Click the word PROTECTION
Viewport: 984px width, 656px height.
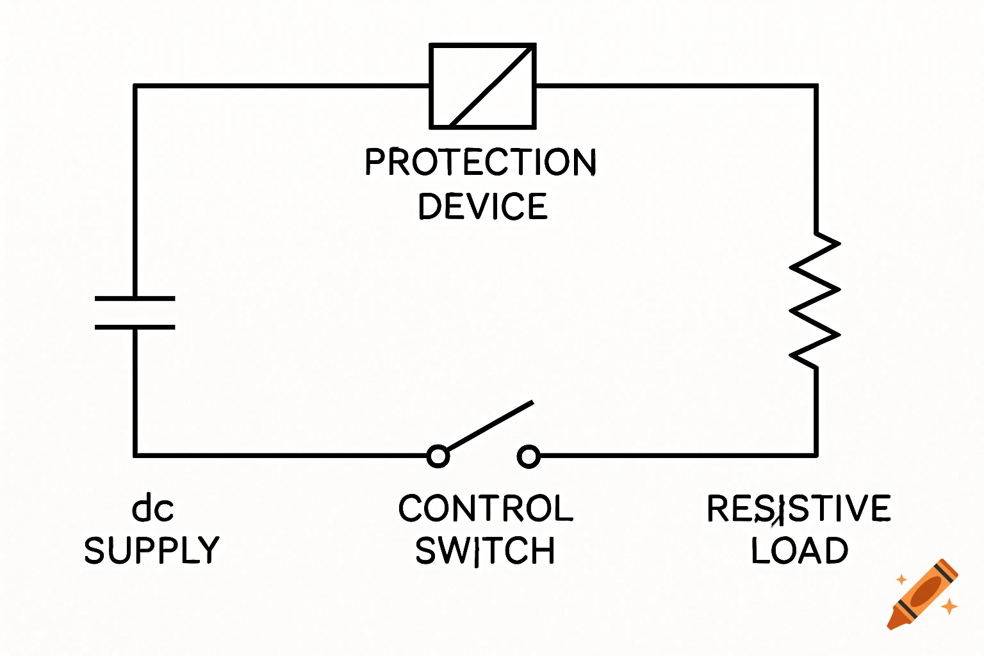480,161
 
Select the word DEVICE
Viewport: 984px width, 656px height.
482,206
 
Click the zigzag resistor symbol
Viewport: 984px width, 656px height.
815,300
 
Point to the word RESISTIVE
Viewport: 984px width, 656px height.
798,509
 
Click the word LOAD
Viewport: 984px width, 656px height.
799,551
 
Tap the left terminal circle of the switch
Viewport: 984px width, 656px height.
438,456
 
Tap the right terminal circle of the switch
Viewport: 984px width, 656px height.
529,456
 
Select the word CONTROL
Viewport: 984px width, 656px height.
486,509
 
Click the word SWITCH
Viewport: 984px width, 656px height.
485,551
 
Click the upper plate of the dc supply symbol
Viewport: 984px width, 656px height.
135,299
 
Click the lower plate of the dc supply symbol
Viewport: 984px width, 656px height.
135,327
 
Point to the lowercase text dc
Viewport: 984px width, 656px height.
152,509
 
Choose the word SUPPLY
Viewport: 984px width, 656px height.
152,551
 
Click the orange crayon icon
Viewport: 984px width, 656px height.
922,594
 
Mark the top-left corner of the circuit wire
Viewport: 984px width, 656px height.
135,85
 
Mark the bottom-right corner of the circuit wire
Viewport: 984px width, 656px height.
816,455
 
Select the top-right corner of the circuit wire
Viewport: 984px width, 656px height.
816,85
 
